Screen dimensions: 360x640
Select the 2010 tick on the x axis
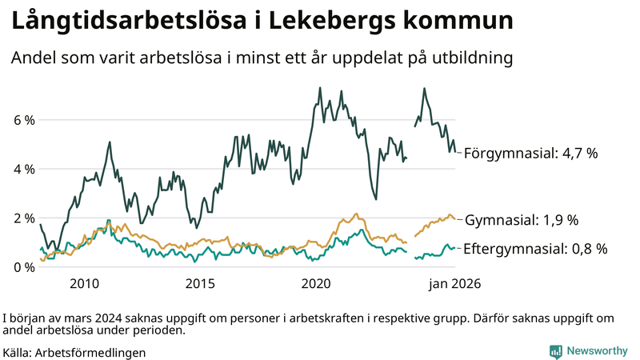click(84, 282)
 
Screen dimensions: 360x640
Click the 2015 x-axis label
click(200, 282)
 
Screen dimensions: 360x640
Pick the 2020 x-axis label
click(316, 282)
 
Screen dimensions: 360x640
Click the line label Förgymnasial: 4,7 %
click(531, 153)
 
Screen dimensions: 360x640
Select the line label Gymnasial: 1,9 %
click(522, 219)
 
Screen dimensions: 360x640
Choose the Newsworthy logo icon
click(555, 351)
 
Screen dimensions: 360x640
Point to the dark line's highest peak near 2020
click(320, 88)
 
